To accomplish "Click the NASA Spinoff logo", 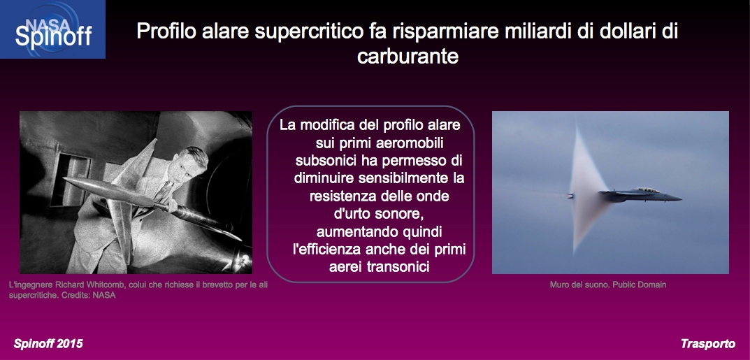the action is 52,29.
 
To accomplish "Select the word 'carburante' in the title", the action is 408,56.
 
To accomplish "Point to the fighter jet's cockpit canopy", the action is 649,190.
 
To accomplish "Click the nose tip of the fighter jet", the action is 681,199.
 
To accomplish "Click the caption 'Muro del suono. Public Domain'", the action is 608,285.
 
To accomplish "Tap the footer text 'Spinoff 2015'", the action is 48,344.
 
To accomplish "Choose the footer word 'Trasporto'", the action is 708,344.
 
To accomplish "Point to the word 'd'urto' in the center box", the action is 352,214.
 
